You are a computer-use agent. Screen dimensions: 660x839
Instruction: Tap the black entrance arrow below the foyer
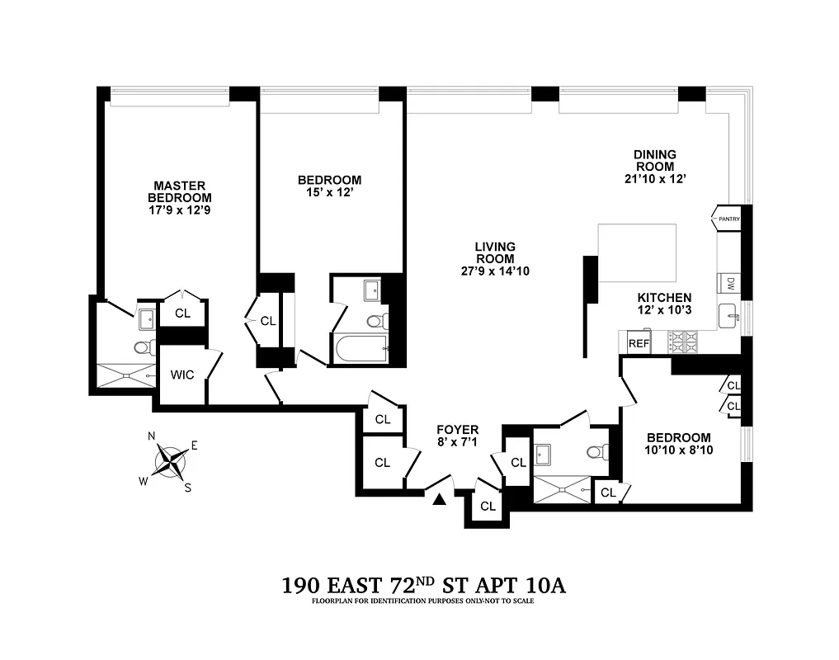440,498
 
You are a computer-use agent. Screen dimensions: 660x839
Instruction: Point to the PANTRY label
728,219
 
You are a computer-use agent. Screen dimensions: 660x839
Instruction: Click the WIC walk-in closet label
182,375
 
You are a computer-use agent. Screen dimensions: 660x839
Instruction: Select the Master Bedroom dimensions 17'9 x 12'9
179,210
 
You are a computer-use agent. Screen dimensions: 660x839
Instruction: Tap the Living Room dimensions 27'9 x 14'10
495,271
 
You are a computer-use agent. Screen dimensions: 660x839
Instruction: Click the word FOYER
457,430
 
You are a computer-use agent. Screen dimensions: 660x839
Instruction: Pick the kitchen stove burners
682,338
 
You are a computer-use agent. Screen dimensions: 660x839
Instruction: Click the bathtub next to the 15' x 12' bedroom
361,349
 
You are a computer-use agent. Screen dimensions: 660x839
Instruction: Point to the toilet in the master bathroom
144,347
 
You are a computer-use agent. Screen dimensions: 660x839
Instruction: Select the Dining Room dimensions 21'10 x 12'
655,178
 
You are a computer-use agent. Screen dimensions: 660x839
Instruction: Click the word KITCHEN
663,298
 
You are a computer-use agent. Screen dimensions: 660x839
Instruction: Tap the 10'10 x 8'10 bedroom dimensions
678,450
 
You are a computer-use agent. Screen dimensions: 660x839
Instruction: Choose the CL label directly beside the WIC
182,313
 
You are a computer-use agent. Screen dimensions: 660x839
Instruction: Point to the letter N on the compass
152,436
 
